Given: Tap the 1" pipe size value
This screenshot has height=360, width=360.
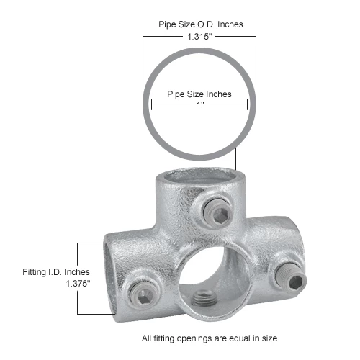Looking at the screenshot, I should [199, 104].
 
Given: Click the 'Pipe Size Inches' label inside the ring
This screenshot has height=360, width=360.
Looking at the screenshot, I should [199, 93].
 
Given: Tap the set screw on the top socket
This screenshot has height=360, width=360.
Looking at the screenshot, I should [217, 210].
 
